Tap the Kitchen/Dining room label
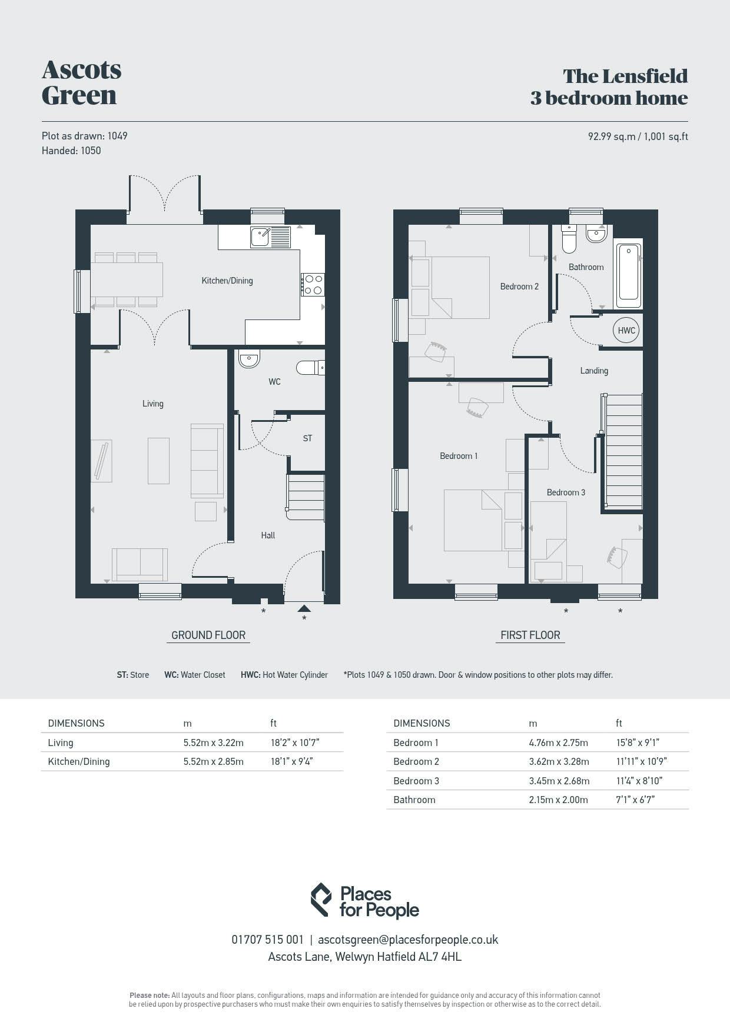227,281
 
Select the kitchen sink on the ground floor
270,237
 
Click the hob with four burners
312,284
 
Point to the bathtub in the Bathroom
629,276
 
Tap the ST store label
307,438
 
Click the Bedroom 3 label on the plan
566,492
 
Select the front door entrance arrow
304,608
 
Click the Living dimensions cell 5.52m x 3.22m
213,743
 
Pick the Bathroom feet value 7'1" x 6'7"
635,800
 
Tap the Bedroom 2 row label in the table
416,761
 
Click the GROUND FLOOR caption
208,635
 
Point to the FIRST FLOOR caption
530,635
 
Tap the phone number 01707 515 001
267,940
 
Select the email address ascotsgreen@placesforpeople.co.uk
408,940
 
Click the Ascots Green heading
81,82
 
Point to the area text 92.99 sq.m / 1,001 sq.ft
638,137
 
